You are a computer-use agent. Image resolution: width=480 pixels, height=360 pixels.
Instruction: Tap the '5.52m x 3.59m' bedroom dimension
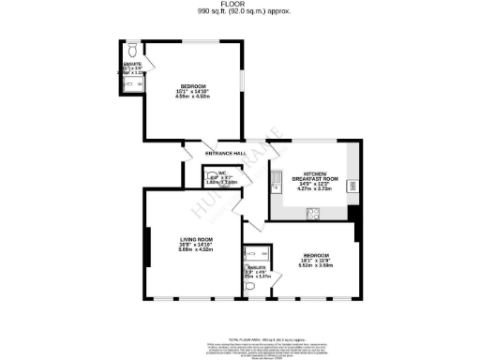coord(315,265)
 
